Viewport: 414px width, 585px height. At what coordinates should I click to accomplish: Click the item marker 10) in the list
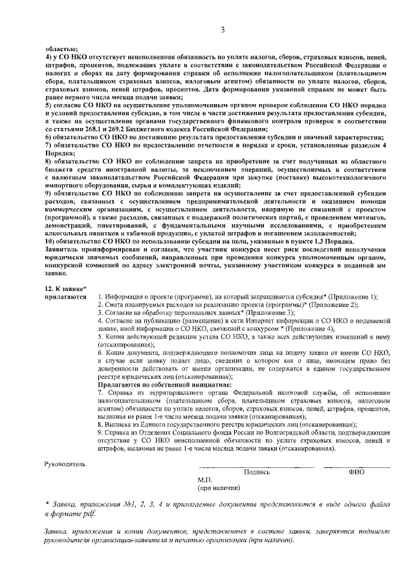pyautogui.click(x=50, y=240)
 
